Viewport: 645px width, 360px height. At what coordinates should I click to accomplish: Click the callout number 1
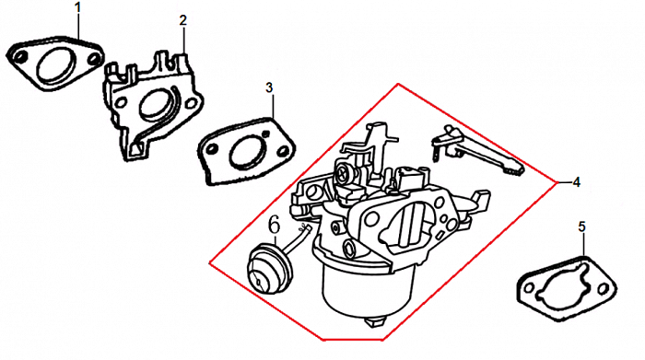click(78, 7)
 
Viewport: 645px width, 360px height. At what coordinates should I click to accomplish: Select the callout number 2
click(183, 20)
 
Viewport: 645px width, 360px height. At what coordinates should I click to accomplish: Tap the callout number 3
click(269, 87)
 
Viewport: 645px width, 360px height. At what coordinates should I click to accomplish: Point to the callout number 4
click(576, 182)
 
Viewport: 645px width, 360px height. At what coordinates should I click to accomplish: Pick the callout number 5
click(581, 226)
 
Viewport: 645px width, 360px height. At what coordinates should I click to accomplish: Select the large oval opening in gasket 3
click(247, 153)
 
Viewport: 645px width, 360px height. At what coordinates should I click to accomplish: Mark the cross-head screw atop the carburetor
click(344, 174)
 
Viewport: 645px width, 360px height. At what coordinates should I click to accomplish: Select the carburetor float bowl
click(366, 290)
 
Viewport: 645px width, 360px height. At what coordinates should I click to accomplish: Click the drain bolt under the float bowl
click(376, 321)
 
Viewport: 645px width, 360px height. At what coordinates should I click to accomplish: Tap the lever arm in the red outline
click(477, 151)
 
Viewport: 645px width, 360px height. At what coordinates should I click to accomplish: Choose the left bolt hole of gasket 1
click(18, 56)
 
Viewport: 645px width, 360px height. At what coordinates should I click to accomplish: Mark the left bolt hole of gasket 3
click(211, 149)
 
